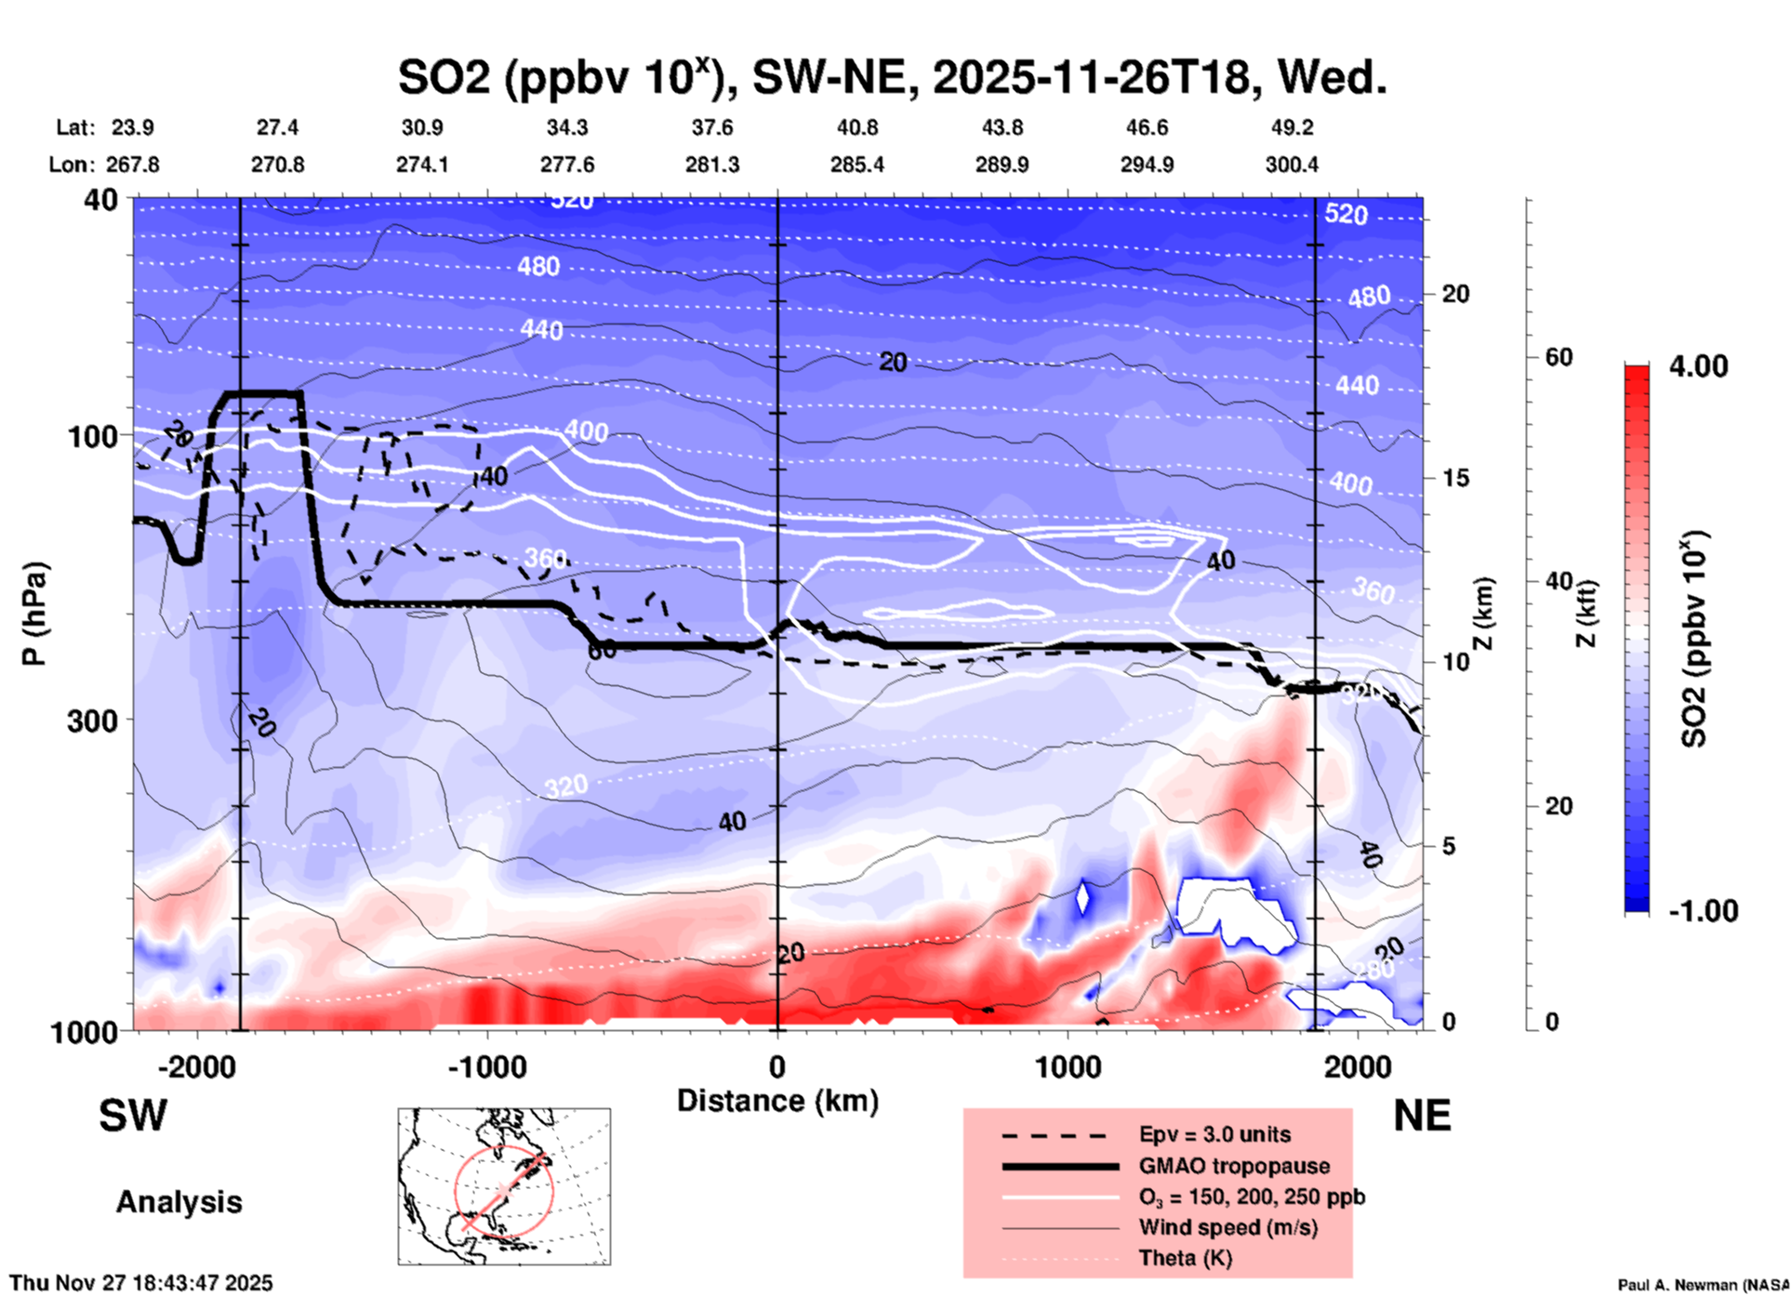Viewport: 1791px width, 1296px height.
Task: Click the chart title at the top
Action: pyautogui.click(x=892, y=77)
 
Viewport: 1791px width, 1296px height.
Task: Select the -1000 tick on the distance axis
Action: pyautogui.click(x=486, y=1066)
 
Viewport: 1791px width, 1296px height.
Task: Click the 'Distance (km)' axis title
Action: pyautogui.click(x=777, y=1101)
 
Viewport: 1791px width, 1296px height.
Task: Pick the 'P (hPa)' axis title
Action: pyautogui.click(x=34, y=614)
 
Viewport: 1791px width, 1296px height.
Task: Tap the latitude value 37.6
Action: pyautogui.click(x=712, y=127)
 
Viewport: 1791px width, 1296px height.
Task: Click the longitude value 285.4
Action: pyautogui.click(x=856, y=165)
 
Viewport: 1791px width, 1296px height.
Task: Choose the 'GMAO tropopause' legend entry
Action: pyautogui.click(x=1234, y=1166)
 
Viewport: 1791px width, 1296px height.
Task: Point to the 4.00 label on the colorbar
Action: pyautogui.click(x=1698, y=366)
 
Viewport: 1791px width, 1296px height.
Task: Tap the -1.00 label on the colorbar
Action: pyautogui.click(x=1703, y=911)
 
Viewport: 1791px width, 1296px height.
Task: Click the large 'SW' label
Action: pyautogui.click(x=133, y=1116)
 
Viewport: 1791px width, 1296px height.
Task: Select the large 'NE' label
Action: pyautogui.click(x=1422, y=1116)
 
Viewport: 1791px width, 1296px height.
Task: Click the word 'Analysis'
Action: pyautogui.click(x=179, y=1202)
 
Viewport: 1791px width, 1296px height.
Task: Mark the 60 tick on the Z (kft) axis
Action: pyautogui.click(x=1559, y=358)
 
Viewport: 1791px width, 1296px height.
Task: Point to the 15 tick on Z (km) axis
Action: pyautogui.click(x=1455, y=478)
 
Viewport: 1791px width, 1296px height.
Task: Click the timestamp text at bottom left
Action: pyautogui.click(x=141, y=1283)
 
